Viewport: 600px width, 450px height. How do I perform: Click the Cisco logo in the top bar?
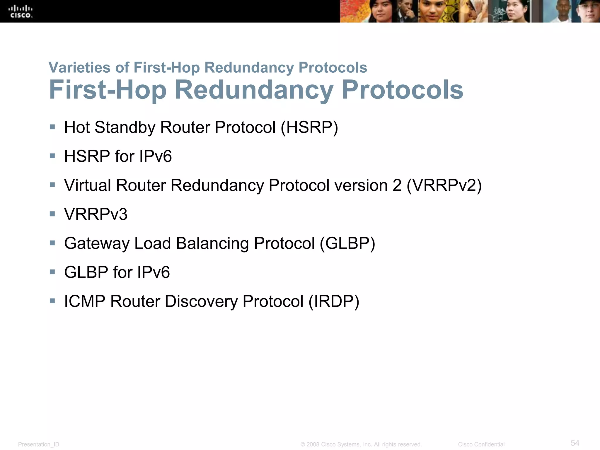(21, 11)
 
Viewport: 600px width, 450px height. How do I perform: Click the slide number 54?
(575, 443)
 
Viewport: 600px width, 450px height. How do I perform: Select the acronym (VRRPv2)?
(444, 185)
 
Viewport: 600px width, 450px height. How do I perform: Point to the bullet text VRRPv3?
(96, 214)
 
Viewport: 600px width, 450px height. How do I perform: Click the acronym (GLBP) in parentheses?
(347, 243)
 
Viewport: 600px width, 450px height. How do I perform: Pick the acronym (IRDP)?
(334, 301)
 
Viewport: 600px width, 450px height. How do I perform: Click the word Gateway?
(97, 243)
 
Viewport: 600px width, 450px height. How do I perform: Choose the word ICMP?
(85, 301)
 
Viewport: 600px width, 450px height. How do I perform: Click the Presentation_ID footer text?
(39, 444)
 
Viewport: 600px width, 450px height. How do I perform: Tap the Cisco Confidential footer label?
(481, 444)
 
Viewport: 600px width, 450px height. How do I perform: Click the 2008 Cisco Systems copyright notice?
(361, 444)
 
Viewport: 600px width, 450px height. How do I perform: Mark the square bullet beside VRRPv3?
(52, 214)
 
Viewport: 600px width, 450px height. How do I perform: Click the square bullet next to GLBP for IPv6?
(52, 272)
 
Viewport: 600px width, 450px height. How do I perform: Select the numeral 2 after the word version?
(397, 185)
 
